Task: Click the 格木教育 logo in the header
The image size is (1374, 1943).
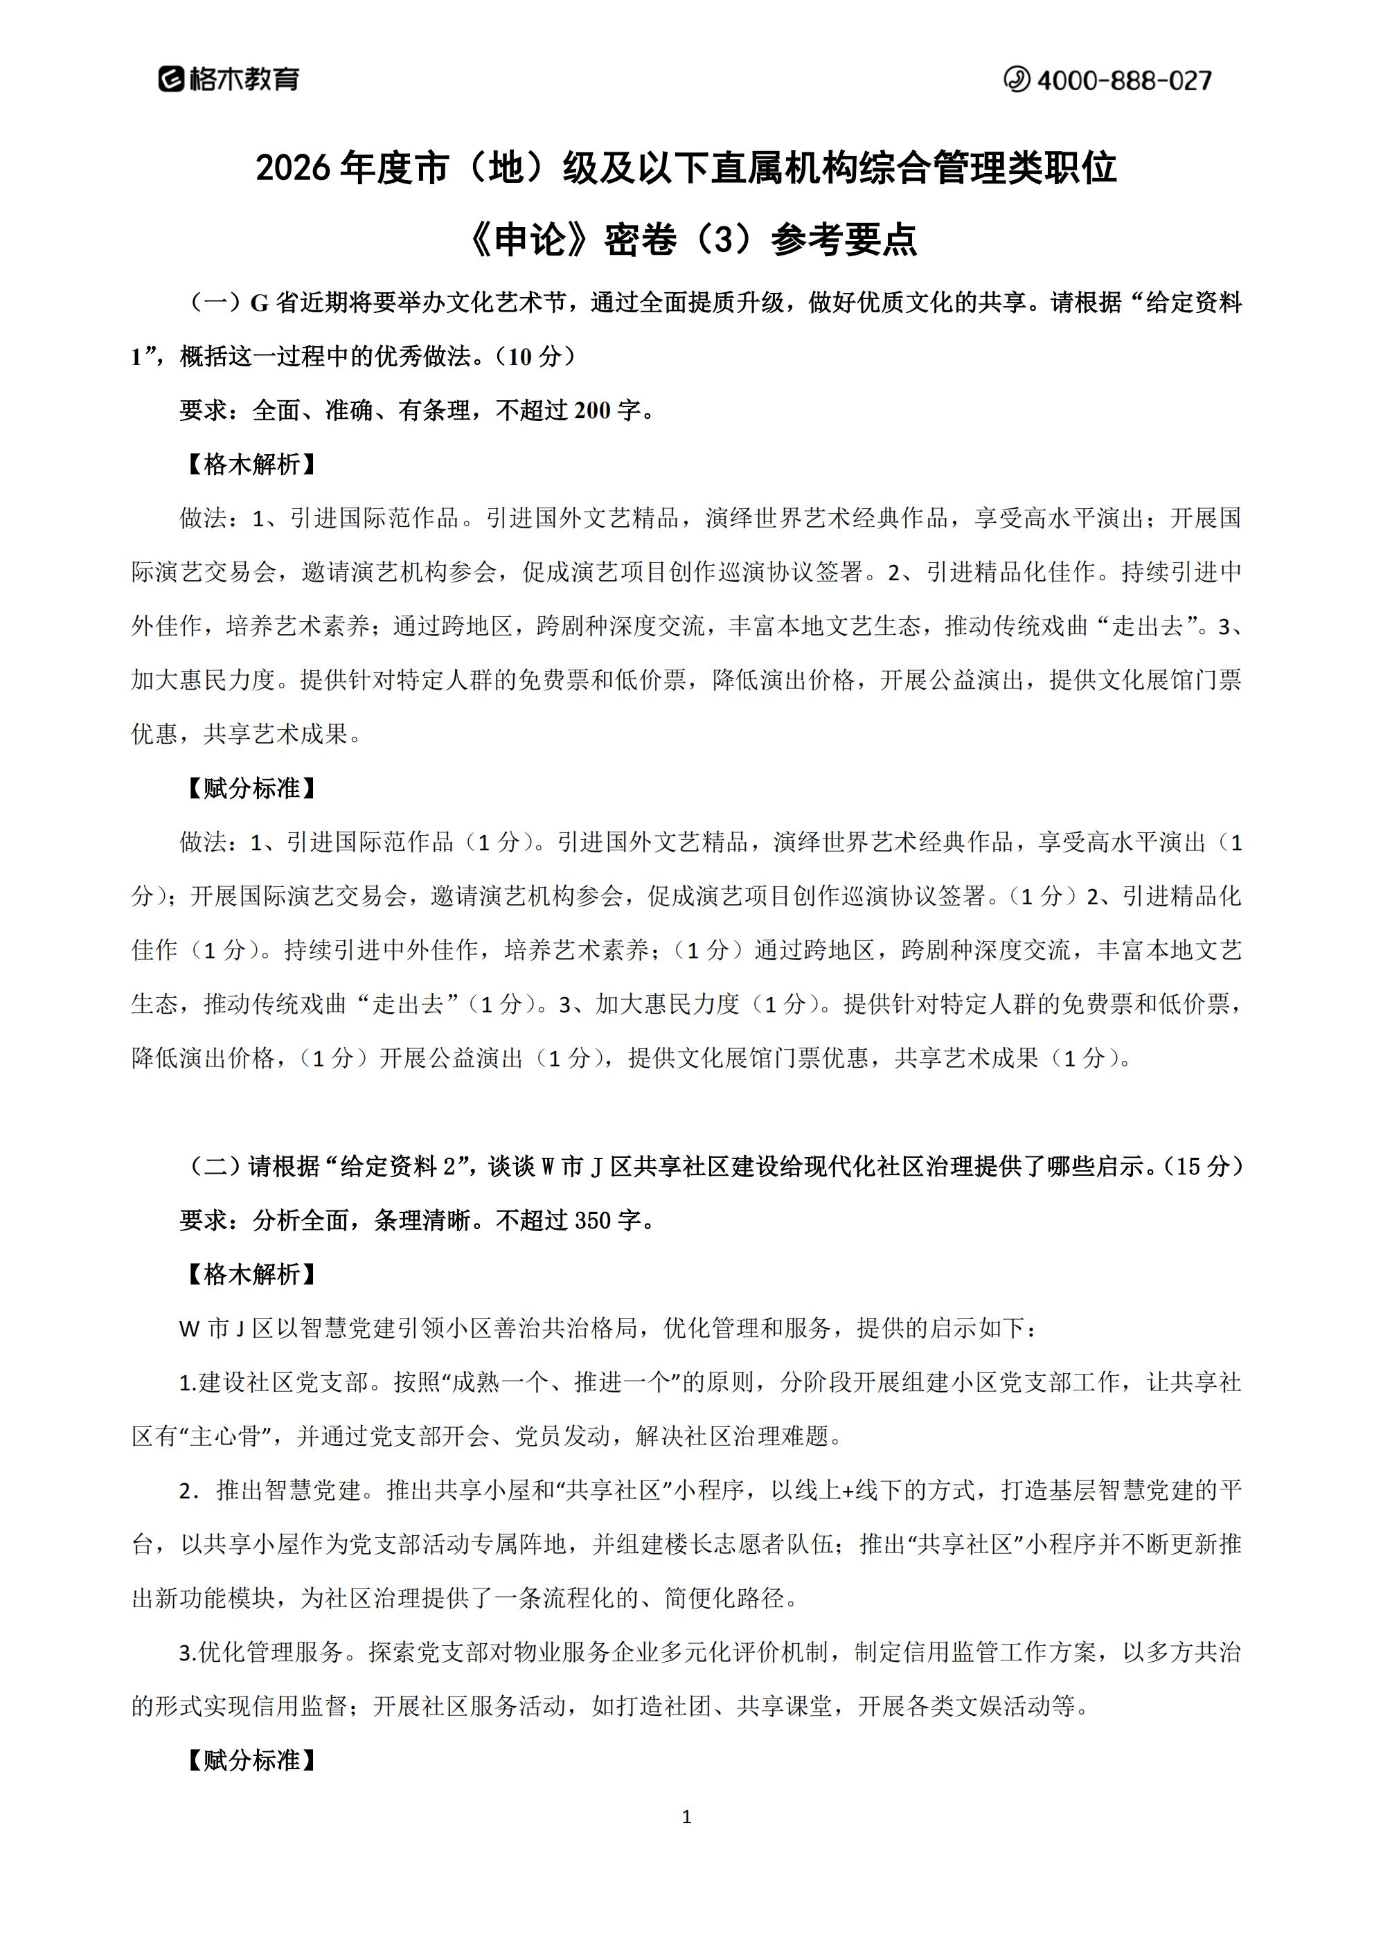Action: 229,80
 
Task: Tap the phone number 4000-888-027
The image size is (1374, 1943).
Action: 1123,80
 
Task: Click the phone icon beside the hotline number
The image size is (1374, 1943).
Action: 1016,80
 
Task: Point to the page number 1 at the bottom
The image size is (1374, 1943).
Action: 686,1816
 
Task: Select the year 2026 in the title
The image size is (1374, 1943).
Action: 292,168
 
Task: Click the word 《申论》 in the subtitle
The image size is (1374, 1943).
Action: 528,240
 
